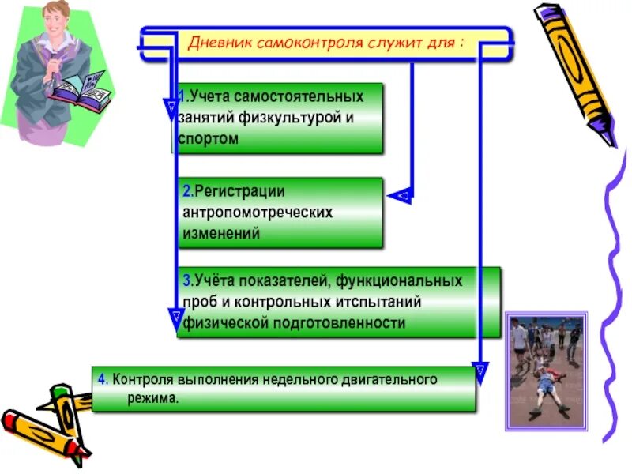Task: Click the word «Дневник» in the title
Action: [217, 42]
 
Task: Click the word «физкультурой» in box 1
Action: [287, 118]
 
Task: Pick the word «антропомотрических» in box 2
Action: [258, 213]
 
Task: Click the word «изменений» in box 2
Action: [221, 234]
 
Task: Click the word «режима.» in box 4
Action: [152, 398]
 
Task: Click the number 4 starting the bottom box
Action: [102, 379]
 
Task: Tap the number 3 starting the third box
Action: [186, 281]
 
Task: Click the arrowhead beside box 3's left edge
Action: [174, 320]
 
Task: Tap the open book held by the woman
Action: [83, 88]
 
